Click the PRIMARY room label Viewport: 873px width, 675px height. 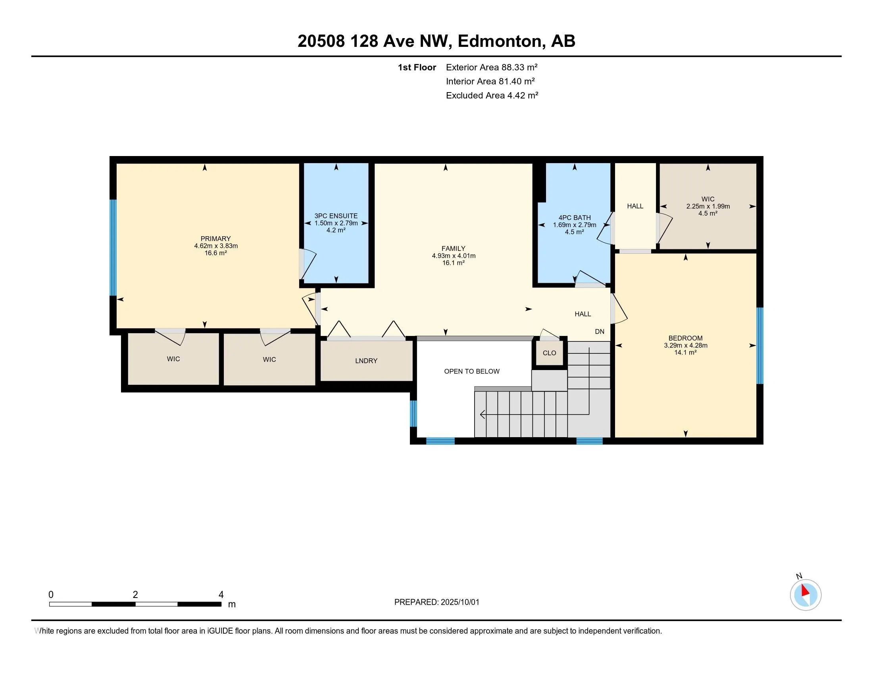pos(215,239)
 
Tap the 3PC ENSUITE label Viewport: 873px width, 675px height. pos(336,216)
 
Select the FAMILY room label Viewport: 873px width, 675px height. pos(453,248)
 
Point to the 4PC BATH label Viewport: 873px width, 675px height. pos(575,218)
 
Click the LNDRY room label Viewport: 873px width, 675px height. pos(366,361)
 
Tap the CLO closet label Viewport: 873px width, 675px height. pos(549,353)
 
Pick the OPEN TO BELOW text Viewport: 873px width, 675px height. pos(472,372)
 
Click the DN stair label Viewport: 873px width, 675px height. pos(600,332)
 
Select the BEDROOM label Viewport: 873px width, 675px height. pos(686,338)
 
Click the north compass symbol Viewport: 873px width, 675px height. pos(806,595)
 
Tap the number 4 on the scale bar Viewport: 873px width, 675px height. pos(221,595)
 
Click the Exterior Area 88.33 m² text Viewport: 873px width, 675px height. pos(492,67)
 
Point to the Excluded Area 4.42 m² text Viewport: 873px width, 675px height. pos(492,95)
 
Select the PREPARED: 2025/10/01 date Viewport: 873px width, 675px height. pos(436,602)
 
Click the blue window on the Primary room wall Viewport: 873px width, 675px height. pos(113,247)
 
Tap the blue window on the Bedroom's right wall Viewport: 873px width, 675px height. pos(760,345)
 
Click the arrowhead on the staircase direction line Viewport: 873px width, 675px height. pos(483,415)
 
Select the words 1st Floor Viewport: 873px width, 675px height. pos(417,67)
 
